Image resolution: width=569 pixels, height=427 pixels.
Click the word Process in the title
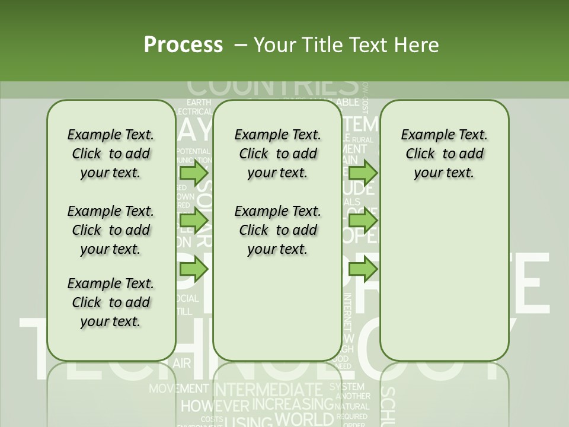click(x=183, y=44)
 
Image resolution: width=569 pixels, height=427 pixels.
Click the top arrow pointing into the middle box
click(x=193, y=173)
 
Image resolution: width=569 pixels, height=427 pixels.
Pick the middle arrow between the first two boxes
click(x=193, y=221)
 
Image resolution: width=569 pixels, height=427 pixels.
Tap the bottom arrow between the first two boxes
click(x=193, y=269)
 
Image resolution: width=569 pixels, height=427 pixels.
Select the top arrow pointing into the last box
click(x=363, y=173)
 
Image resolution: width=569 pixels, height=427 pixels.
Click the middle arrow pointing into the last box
click(x=363, y=221)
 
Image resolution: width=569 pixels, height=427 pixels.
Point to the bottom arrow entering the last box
click(x=363, y=269)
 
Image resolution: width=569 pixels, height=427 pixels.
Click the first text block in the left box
click(x=111, y=154)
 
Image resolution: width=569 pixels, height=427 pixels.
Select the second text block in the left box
click(x=111, y=230)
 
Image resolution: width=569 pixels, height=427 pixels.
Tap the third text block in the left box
click(x=111, y=302)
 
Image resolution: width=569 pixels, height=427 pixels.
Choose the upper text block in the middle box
click(x=278, y=154)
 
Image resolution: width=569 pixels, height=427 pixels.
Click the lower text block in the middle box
click(x=278, y=230)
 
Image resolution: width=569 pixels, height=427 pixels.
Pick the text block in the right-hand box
click(x=445, y=154)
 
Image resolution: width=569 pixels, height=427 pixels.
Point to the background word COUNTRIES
click(x=273, y=87)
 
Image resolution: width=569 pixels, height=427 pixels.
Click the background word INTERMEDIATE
click(x=267, y=390)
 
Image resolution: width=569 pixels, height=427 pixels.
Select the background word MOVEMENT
click(x=178, y=389)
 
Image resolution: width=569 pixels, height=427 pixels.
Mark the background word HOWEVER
click(x=215, y=406)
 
